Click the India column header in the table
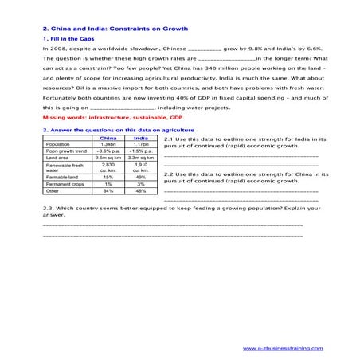pos(141,137)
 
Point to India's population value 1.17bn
pos(141,143)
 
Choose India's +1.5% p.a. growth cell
pos(141,151)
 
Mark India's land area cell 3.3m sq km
pos(141,158)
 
